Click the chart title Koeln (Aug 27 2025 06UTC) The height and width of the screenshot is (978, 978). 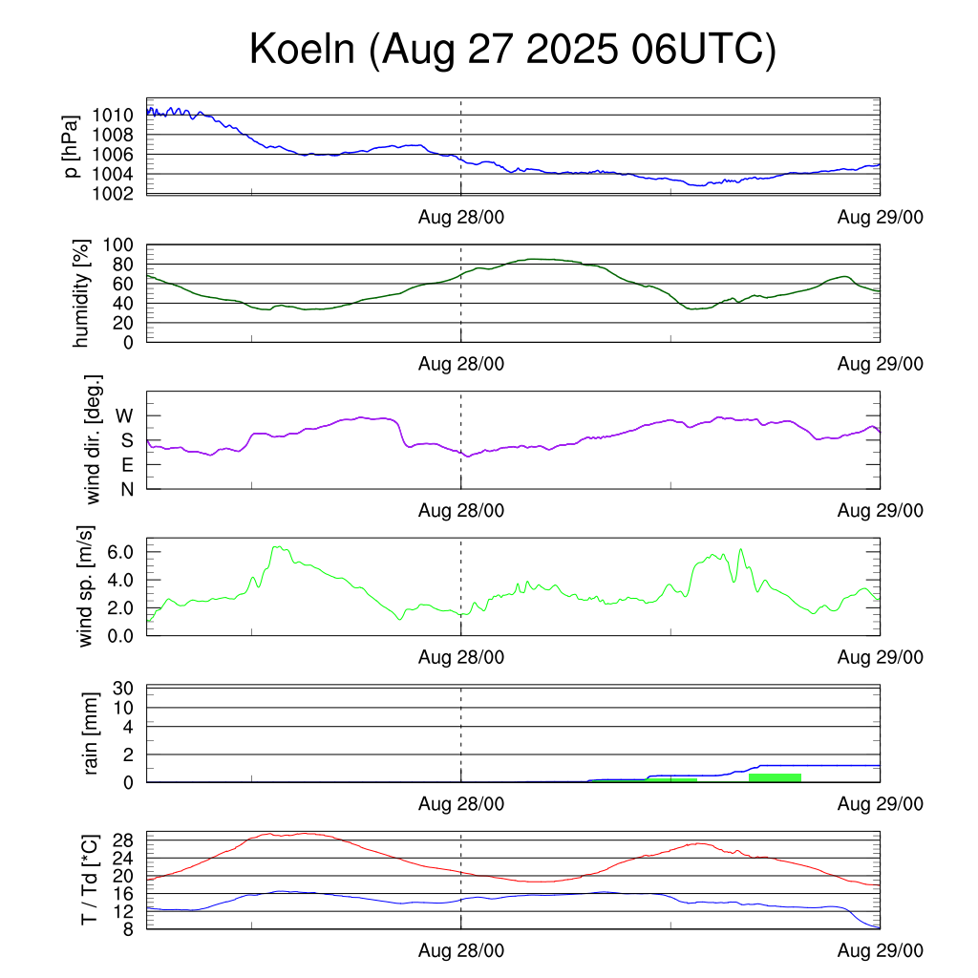click(x=513, y=50)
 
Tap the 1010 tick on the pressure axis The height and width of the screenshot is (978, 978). click(x=112, y=116)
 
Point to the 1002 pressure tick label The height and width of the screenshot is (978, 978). click(x=112, y=194)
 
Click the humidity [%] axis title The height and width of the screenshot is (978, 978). click(x=81, y=293)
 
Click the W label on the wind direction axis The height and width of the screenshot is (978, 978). click(x=125, y=415)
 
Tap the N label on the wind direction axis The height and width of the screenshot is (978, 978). click(x=126, y=489)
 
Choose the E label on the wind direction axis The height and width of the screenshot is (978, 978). click(x=126, y=465)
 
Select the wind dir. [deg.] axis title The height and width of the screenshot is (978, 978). click(x=93, y=439)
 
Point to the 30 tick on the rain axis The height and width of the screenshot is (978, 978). click(x=125, y=689)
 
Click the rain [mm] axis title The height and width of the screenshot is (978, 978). click(x=93, y=733)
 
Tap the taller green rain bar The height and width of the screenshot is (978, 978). click(x=775, y=777)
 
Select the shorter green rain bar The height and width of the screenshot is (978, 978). click(x=672, y=780)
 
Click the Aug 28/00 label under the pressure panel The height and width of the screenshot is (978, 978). click(x=461, y=217)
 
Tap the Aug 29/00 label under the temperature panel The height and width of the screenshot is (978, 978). click(x=880, y=952)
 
